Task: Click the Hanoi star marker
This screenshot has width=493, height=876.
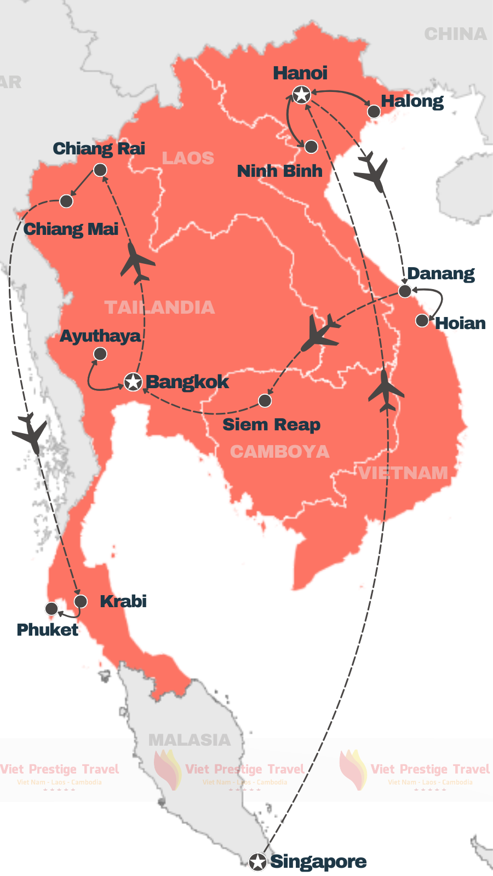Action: (301, 95)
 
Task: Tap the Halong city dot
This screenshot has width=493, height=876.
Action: (374, 112)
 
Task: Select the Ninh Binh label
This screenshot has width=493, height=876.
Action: (279, 171)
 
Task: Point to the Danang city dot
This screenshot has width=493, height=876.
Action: (404, 291)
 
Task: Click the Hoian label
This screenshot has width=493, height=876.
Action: (460, 323)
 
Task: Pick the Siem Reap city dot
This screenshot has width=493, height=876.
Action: (265, 401)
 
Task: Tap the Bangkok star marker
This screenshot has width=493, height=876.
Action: (133, 382)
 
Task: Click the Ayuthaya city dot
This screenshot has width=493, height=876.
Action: (100, 354)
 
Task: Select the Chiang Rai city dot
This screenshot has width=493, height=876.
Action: (100, 170)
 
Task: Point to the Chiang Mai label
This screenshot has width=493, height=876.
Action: (71, 229)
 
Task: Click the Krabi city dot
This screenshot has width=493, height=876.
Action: (81, 602)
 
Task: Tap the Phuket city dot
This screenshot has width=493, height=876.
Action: (51, 608)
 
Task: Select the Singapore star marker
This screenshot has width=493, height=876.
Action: (257, 862)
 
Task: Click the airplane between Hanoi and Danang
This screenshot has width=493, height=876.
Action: (372, 172)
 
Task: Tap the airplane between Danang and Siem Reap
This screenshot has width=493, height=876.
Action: (321, 333)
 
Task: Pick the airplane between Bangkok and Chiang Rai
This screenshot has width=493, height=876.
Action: (137, 263)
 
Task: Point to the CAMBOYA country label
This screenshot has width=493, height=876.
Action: (279, 452)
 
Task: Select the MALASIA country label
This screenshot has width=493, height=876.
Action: (190, 740)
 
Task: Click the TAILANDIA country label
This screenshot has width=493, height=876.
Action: (159, 307)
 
